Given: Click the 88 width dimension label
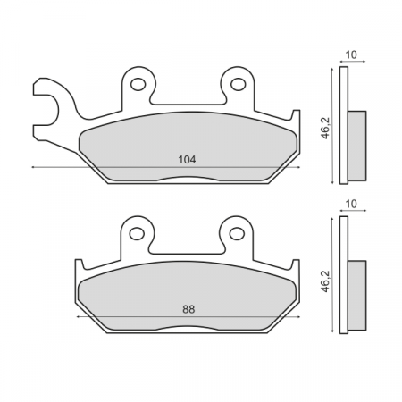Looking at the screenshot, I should pos(187,309).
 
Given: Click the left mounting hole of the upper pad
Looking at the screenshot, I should pos(138,85).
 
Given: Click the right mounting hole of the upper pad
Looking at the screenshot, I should pos(238,85).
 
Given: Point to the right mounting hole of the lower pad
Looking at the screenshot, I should pos(237,234).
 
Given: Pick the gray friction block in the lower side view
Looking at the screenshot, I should pos(357,281).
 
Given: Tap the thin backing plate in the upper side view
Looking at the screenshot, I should pos(344,125).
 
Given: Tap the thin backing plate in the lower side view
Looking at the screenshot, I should pos(344,274).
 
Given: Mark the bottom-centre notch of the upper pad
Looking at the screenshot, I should pos(187,181).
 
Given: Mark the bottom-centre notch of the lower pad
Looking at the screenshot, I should pos(187,331).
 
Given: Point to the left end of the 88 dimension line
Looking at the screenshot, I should pos(79,317).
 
